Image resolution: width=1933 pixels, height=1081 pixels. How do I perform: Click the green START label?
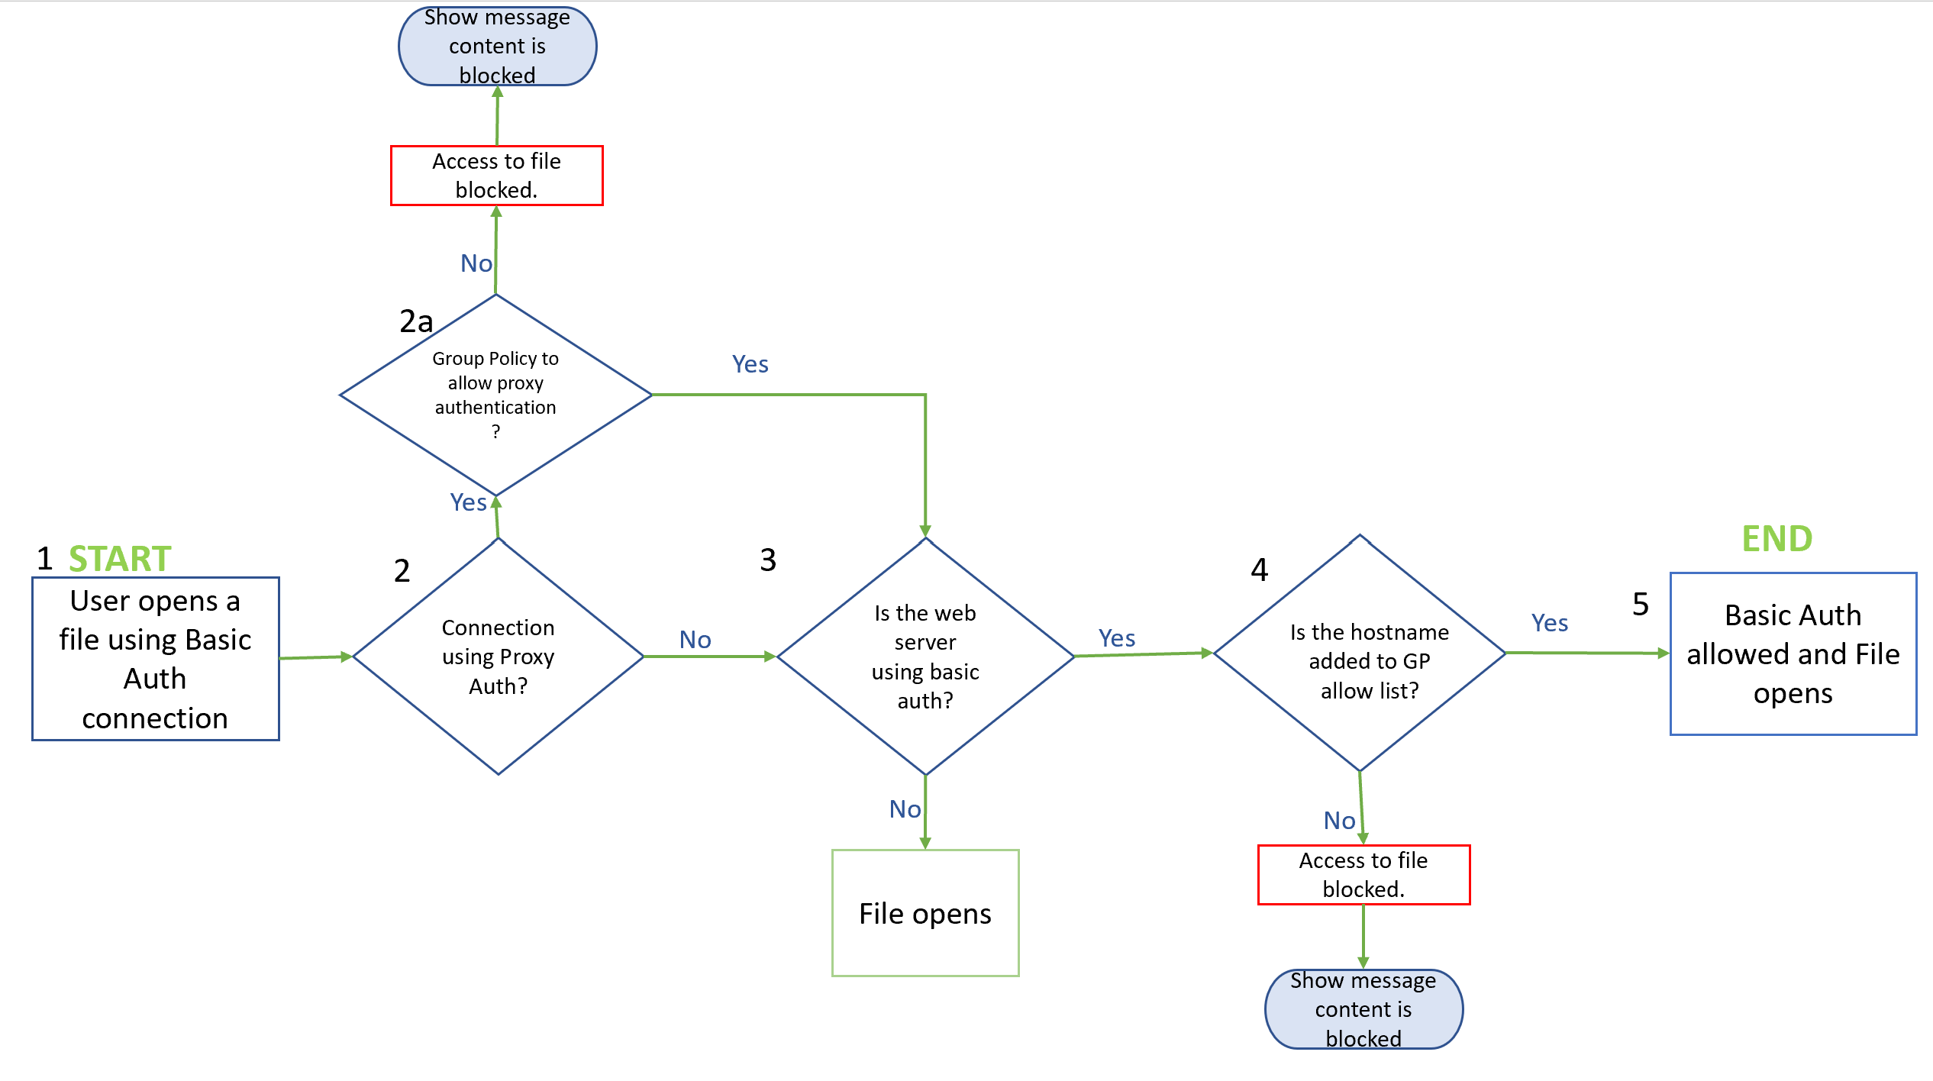click(x=120, y=558)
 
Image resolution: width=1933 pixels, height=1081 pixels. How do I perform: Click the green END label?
click(x=1776, y=538)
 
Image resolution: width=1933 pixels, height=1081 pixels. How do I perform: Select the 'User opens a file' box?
click(x=155, y=658)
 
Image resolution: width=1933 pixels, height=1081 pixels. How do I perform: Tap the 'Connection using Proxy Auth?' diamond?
click(x=498, y=657)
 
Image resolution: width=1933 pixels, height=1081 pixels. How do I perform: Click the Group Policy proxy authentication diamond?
click(x=495, y=395)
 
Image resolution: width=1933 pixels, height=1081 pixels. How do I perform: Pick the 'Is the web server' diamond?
click(x=925, y=657)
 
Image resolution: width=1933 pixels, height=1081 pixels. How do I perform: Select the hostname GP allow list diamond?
click(x=1360, y=653)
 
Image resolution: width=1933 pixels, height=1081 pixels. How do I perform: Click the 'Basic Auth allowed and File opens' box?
click(x=1793, y=653)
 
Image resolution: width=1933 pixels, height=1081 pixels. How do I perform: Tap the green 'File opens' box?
click(x=925, y=912)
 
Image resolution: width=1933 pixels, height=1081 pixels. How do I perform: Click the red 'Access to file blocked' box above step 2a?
click(x=496, y=176)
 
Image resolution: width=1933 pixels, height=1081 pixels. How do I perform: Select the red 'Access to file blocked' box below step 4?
click(x=1363, y=874)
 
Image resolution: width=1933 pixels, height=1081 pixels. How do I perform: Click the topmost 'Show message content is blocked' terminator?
click(x=497, y=47)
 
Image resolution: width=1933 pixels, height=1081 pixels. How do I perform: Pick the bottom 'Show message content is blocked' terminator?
click(x=1363, y=1008)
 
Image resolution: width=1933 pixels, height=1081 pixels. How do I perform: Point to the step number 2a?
click(x=416, y=321)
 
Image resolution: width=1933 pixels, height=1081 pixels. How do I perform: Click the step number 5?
click(x=1641, y=604)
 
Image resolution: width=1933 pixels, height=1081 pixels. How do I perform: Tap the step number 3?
click(x=768, y=560)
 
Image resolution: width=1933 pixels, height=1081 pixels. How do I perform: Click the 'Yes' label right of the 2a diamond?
click(x=750, y=364)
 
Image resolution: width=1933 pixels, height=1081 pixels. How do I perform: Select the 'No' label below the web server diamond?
click(x=905, y=808)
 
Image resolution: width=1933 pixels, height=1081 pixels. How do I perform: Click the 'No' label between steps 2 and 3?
click(x=695, y=639)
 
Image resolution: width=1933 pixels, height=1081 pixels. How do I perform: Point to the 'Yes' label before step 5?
click(x=1549, y=623)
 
